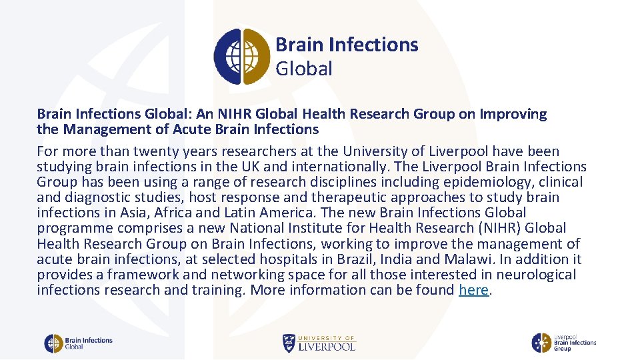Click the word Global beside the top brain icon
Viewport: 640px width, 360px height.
tap(303, 69)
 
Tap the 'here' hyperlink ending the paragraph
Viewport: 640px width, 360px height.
tap(473, 290)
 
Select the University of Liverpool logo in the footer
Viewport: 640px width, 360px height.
tap(319, 343)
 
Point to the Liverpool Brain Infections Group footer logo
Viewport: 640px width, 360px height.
tap(563, 343)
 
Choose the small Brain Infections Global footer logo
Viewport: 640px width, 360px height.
tap(78, 343)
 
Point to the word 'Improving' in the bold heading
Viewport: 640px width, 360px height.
tap(513, 114)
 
